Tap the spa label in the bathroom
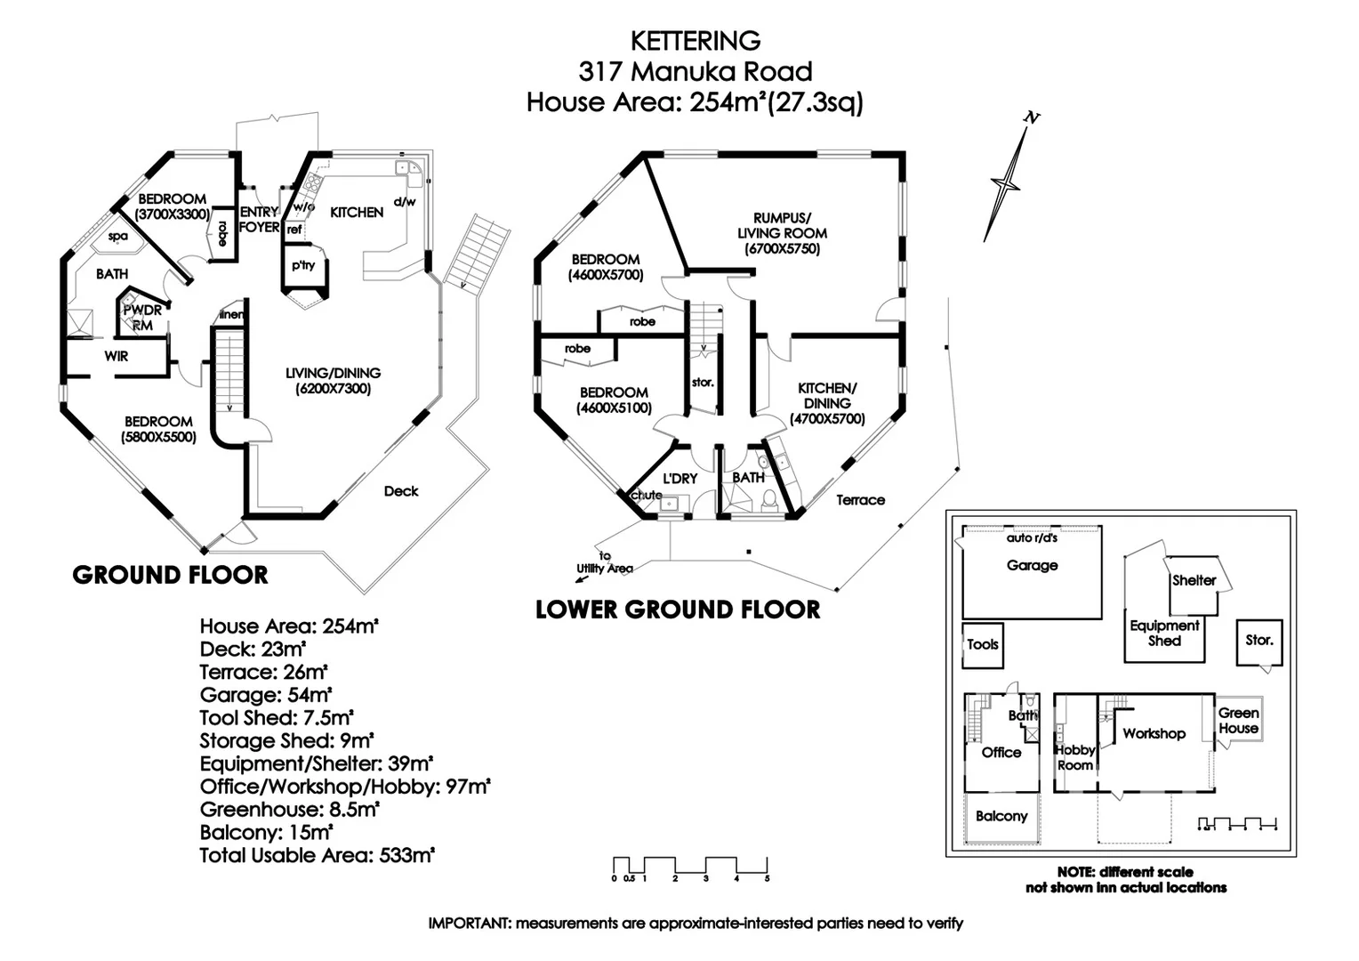(117, 237)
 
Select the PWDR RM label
(142, 318)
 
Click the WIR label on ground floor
(117, 356)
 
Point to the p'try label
(303, 265)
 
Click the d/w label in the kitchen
(404, 202)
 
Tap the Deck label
(401, 491)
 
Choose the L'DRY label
(679, 479)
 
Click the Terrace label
(860, 500)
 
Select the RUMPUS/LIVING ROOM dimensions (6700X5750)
(783, 249)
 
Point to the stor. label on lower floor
(703, 383)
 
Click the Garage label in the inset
(1032, 565)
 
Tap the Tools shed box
(983, 645)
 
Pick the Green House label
(1238, 721)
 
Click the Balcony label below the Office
(1001, 816)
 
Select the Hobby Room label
(1075, 757)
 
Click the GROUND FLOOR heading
(170, 575)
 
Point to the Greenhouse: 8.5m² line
(289, 810)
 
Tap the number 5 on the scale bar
(767, 879)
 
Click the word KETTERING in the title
(696, 41)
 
